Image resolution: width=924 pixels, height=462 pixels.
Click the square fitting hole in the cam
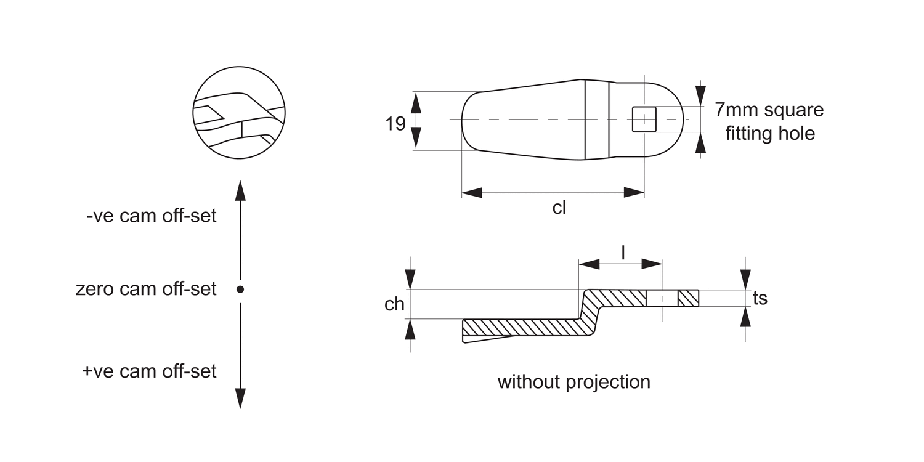(x=644, y=119)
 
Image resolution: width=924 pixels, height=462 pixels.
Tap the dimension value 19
(x=395, y=124)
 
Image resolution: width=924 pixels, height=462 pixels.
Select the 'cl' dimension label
(x=559, y=208)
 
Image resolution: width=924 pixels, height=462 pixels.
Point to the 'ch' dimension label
(x=394, y=304)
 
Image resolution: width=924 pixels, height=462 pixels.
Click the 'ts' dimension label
(x=760, y=298)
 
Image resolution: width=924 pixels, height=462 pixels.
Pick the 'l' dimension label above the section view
(x=623, y=252)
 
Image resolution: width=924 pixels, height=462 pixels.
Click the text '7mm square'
(x=769, y=110)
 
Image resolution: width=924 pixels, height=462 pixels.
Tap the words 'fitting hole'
(x=769, y=133)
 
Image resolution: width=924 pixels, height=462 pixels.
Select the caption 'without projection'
(x=573, y=382)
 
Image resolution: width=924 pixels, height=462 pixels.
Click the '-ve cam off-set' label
(x=152, y=216)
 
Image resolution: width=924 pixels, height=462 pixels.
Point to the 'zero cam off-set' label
(x=146, y=288)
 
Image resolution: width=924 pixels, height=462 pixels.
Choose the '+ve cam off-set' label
(x=150, y=371)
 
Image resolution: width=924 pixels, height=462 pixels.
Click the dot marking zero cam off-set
(x=240, y=289)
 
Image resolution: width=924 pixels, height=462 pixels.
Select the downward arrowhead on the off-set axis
(x=240, y=398)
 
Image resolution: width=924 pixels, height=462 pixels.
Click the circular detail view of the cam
(x=240, y=112)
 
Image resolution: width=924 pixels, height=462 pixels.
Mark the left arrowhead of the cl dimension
(x=472, y=193)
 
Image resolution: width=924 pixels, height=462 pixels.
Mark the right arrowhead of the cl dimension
(x=634, y=193)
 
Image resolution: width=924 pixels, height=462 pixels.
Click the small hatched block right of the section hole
(x=689, y=298)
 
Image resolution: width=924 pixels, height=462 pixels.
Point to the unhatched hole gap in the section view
(x=662, y=298)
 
